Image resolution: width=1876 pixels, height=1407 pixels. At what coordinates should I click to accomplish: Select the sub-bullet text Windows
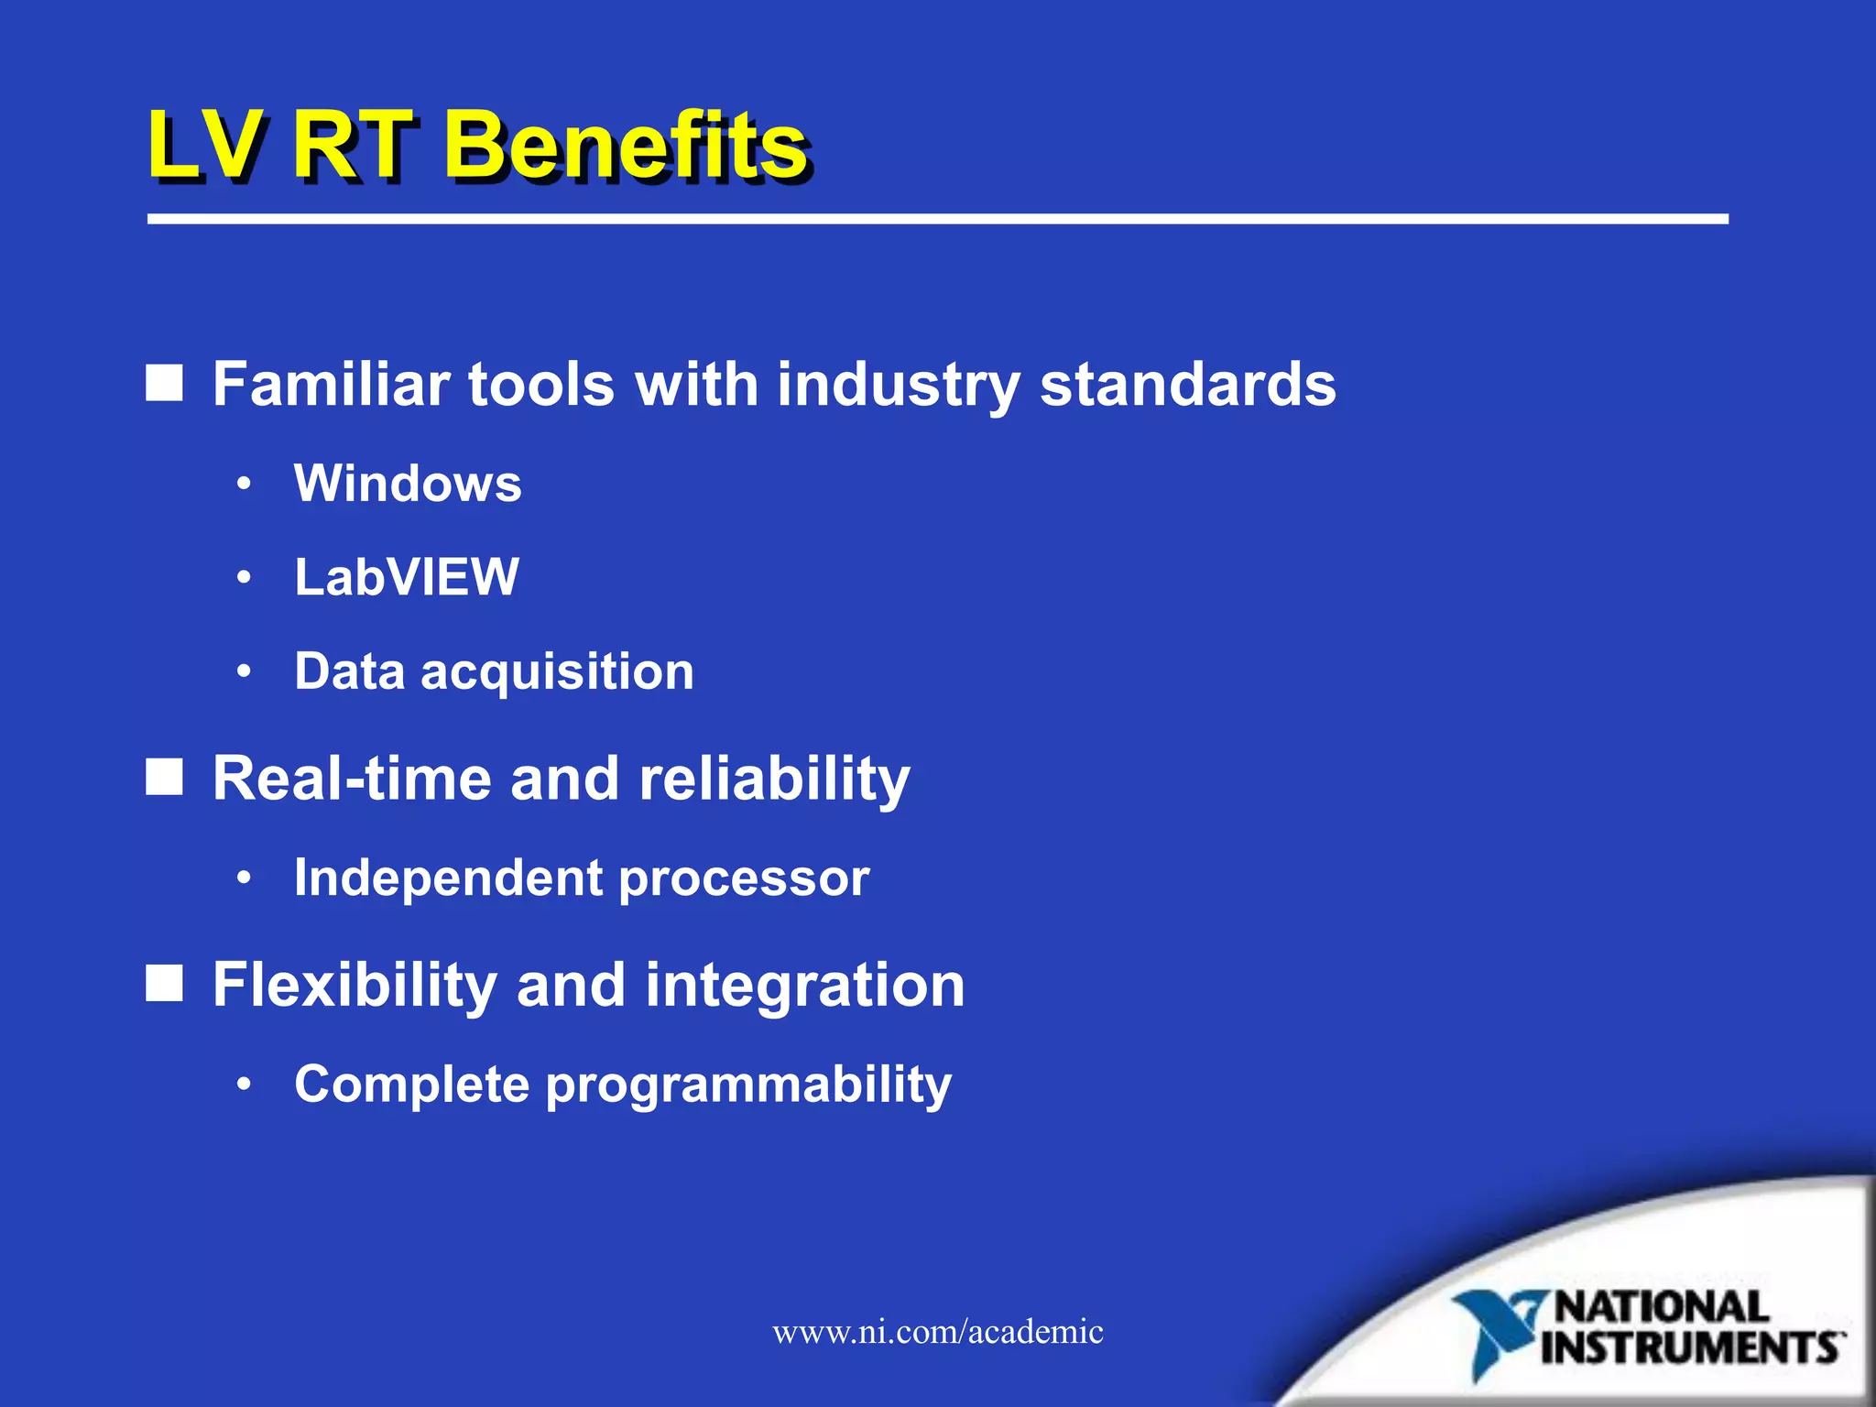point(408,484)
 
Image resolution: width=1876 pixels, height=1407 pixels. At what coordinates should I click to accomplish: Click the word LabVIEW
point(407,578)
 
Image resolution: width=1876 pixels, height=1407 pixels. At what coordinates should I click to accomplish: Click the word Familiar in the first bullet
point(331,384)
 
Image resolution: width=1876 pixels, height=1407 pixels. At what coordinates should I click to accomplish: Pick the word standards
point(1188,384)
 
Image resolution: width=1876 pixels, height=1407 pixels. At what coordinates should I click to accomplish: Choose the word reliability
point(774,780)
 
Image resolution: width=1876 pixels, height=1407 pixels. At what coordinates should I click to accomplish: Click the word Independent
point(448,878)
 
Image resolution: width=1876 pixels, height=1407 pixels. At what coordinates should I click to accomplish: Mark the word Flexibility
point(354,986)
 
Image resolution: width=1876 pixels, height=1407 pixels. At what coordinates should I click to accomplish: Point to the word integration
point(805,986)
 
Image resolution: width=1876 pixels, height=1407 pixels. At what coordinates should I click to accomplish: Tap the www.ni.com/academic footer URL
point(938,1332)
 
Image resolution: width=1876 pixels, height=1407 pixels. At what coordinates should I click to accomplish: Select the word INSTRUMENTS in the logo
point(1691,1348)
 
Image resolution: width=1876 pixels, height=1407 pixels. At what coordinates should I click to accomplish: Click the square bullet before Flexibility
point(165,983)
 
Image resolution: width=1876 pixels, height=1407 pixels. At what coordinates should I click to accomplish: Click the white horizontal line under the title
point(938,219)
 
